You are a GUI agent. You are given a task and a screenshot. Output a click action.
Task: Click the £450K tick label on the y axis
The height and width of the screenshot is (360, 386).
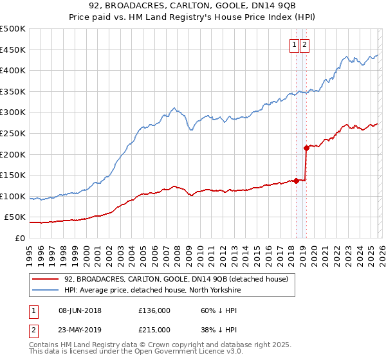[x=13, y=50]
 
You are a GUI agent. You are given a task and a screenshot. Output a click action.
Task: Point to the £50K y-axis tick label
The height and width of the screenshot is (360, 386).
[x=15, y=217]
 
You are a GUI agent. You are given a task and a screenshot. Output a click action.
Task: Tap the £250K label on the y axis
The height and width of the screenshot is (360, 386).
[x=13, y=133]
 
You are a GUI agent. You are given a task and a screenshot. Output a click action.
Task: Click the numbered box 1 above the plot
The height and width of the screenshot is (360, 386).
[x=294, y=45]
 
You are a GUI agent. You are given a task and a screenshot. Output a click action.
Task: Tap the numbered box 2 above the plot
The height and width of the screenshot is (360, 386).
[x=304, y=45]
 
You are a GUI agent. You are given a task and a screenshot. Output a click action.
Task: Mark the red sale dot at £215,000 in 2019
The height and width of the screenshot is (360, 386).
[x=306, y=148]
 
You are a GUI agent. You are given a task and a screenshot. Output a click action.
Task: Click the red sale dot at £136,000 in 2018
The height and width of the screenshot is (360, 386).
[x=296, y=181]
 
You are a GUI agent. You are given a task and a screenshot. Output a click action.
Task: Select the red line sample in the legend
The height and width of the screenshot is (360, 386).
[x=45, y=279]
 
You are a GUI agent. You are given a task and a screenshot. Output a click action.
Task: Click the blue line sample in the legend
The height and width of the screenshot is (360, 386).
[x=45, y=290]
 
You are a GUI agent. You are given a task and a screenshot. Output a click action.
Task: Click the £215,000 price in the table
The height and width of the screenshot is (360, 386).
[x=154, y=330]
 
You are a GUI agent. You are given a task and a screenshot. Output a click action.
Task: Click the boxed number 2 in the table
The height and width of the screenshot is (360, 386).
[x=33, y=330]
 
